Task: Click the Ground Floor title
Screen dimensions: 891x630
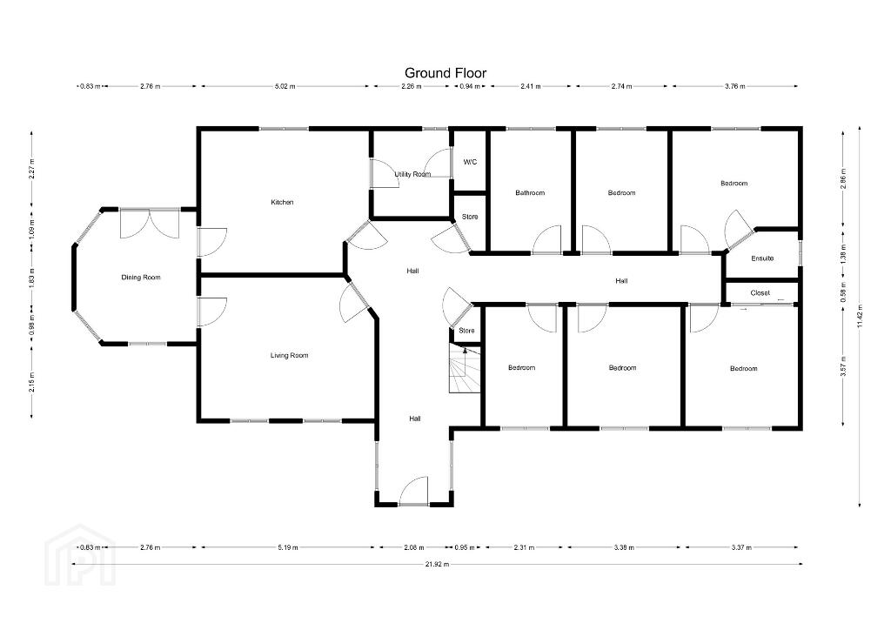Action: click(x=445, y=73)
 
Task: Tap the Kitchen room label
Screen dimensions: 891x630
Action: click(x=282, y=202)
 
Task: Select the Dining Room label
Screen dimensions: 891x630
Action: click(x=141, y=278)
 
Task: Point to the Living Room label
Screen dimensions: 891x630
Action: click(x=289, y=356)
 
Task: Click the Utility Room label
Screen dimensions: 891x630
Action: click(x=412, y=174)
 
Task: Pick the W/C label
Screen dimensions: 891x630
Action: click(x=470, y=163)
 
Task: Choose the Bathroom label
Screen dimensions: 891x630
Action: click(x=530, y=193)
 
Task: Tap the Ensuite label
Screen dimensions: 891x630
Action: click(x=762, y=258)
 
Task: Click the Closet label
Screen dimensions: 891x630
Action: click(x=760, y=293)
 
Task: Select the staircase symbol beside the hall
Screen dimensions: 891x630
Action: click(x=465, y=368)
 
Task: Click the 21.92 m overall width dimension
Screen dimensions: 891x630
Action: click(x=437, y=564)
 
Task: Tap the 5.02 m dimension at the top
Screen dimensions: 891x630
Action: click(x=285, y=86)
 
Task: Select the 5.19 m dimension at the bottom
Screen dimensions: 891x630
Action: click(x=287, y=547)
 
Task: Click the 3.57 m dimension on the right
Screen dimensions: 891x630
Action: click(x=843, y=365)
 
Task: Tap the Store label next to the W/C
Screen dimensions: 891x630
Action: click(x=470, y=217)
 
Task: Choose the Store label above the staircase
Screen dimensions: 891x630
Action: click(x=466, y=331)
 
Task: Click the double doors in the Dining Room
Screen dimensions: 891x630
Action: click(x=150, y=224)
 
